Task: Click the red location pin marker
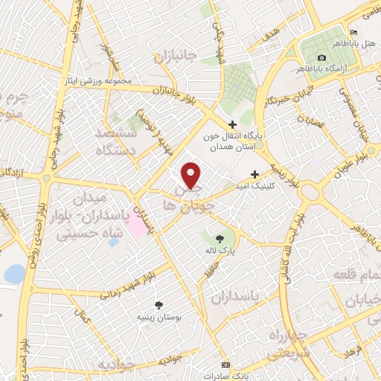tap(191, 174)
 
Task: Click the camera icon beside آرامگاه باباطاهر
tap(321, 57)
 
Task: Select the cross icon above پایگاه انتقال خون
tap(232, 124)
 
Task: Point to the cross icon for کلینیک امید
tap(254, 173)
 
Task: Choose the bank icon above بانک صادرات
tap(226, 364)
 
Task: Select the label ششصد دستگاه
tap(117, 140)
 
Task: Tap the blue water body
tap(14, 274)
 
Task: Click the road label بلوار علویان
tap(330, 170)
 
